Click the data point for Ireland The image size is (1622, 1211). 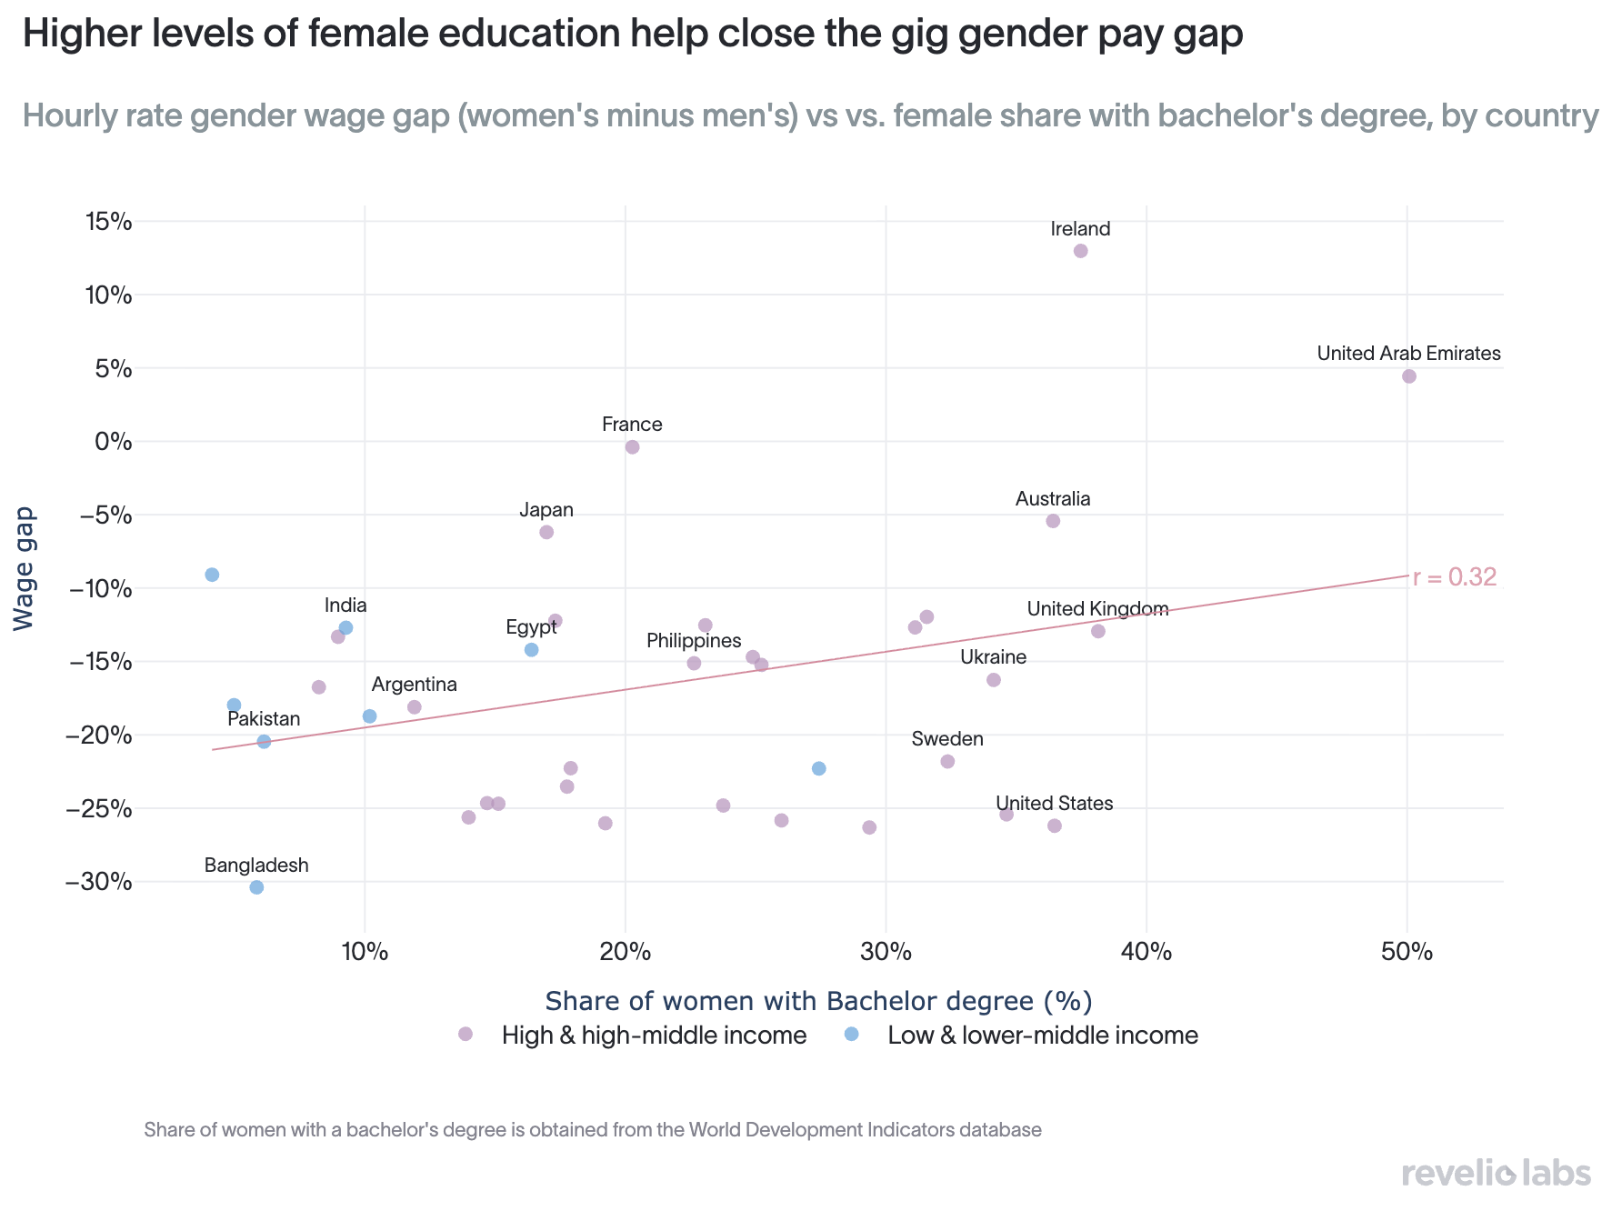(x=1080, y=251)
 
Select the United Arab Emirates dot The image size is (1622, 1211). (x=1408, y=376)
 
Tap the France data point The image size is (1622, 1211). (x=632, y=447)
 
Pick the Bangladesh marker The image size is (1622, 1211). (x=256, y=887)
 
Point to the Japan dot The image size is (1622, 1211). (x=546, y=532)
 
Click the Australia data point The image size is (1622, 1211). (x=1053, y=521)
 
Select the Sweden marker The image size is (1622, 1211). (x=947, y=761)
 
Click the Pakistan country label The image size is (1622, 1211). (x=264, y=719)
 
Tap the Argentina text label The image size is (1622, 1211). (x=415, y=685)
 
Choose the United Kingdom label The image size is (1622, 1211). (x=1097, y=609)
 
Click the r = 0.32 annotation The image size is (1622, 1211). (x=1455, y=576)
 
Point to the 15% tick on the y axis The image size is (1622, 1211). (x=108, y=221)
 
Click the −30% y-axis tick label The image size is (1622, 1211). (x=99, y=882)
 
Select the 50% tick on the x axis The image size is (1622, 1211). (x=1407, y=952)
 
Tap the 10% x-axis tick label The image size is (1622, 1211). (x=365, y=952)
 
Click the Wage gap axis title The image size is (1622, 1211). (x=25, y=568)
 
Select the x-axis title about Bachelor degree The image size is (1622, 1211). (x=818, y=1001)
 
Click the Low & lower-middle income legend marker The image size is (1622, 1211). (x=851, y=1034)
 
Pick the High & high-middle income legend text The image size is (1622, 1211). (x=655, y=1036)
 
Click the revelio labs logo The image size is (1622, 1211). (x=1497, y=1173)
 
